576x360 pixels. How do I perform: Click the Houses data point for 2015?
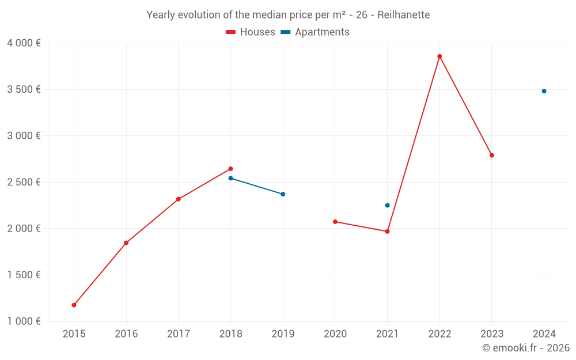click(x=74, y=305)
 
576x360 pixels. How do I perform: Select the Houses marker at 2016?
click(x=126, y=243)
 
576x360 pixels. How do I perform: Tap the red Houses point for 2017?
click(x=179, y=199)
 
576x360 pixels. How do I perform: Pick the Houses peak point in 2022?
click(x=439, y=56)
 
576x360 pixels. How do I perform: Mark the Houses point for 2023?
click(x=492, y=156)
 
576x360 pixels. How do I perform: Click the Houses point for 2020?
click(x=335, y=222)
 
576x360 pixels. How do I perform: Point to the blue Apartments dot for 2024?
click(x=544, y=91)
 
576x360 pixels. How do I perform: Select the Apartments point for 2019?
click(x=283, y=194)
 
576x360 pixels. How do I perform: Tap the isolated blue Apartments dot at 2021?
click(x=387, y=205)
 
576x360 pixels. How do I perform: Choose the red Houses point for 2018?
click(x=230, y=169)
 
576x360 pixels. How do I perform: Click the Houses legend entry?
click(x=251, y=32)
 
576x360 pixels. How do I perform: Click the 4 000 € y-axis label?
click(x=24, y=43)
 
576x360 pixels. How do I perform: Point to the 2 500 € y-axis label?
click(x=24, y=182)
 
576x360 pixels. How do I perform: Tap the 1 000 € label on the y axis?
click(x=24, y=321)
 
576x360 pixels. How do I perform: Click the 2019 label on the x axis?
click(x=283, y=334)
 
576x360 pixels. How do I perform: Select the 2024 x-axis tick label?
click(x=544, y=334)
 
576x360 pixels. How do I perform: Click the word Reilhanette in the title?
click(x=404, y=15)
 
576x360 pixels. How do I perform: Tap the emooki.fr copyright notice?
click(x=525, y=348)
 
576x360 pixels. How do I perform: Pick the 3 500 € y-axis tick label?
click(x=24, y=89)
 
